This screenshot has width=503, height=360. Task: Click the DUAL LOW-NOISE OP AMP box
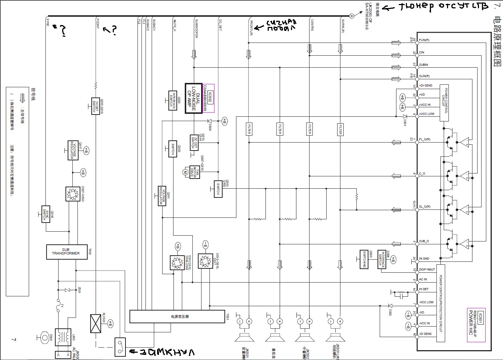(x=193, y=98)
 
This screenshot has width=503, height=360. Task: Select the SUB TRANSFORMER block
(x=67, y=252)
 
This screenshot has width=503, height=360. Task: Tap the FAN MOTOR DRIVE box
(x=195, y=172)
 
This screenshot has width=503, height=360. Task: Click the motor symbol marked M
(x=185, y=172)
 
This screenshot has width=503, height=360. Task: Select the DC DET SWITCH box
(x=194, y=143)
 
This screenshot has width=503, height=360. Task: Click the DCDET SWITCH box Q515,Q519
(x=96, y=106)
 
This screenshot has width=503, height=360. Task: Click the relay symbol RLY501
(x=95, y=323)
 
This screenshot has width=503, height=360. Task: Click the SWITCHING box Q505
(x=364, y=259)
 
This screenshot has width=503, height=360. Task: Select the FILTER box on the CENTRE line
(x=310, y=129)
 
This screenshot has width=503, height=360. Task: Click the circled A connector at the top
(x=351, y=16)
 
